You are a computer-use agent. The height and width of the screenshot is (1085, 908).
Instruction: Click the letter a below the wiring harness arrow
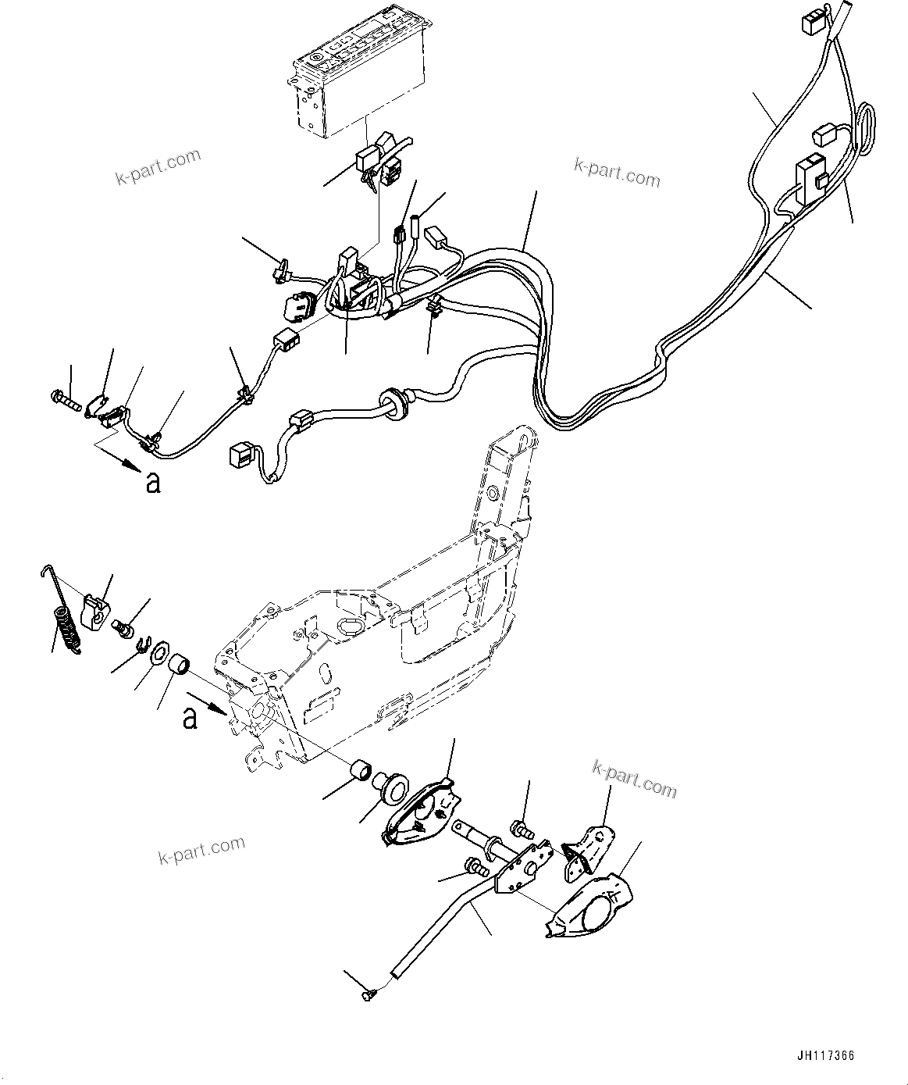(153, 484)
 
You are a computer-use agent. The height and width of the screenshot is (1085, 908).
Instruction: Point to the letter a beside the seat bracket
(190, 718)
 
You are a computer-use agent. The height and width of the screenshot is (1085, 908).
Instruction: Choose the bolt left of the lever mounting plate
(475, 866)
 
